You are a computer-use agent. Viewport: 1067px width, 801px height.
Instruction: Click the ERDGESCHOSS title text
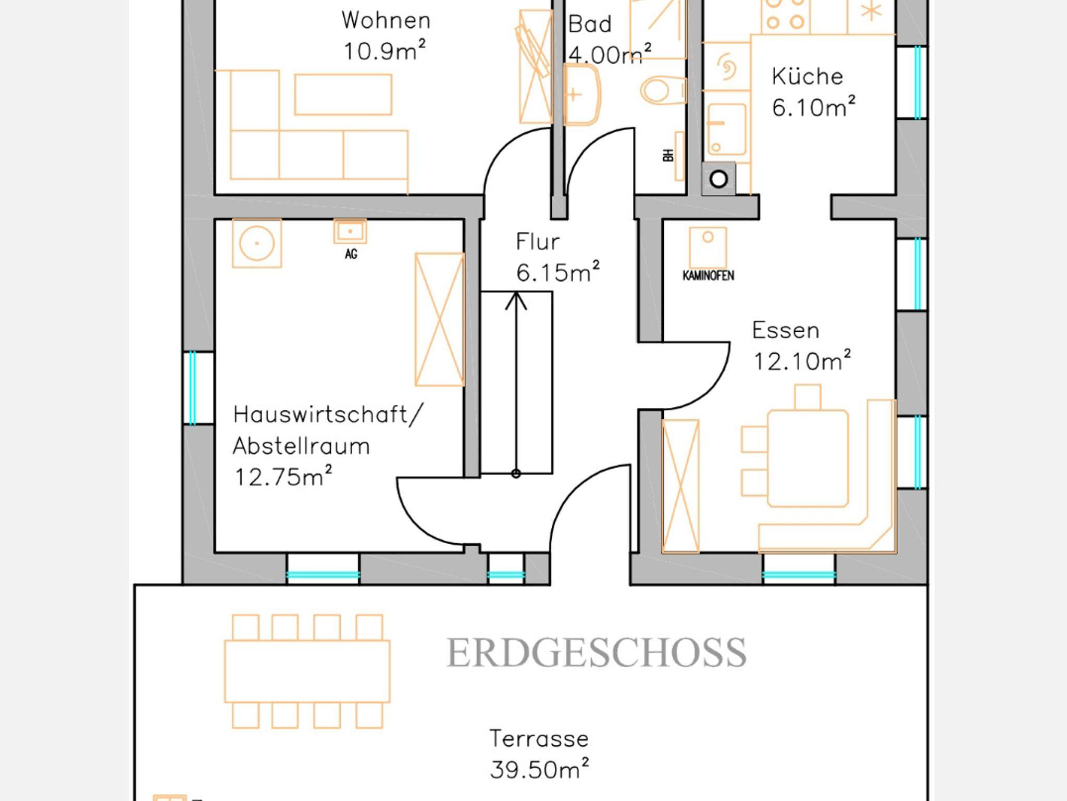597,653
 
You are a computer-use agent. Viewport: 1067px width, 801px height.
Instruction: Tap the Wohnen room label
386,21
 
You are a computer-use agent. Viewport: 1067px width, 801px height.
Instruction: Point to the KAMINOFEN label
708,276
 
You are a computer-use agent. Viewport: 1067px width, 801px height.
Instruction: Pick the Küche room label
807,77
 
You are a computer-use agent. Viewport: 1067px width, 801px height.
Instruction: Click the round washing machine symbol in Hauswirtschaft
257,243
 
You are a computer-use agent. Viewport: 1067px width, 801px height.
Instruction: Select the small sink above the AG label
350,231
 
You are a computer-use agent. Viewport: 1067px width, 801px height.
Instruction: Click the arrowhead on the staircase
516,301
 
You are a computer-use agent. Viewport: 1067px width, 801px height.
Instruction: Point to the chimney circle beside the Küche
718,179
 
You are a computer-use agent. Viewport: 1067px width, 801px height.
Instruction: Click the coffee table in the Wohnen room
343,94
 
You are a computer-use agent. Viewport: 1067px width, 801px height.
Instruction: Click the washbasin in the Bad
582,95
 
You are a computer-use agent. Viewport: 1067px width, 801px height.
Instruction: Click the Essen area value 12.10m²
802,360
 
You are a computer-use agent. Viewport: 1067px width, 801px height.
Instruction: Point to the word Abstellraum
301,446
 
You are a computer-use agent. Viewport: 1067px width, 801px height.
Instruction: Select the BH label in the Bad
668,155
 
